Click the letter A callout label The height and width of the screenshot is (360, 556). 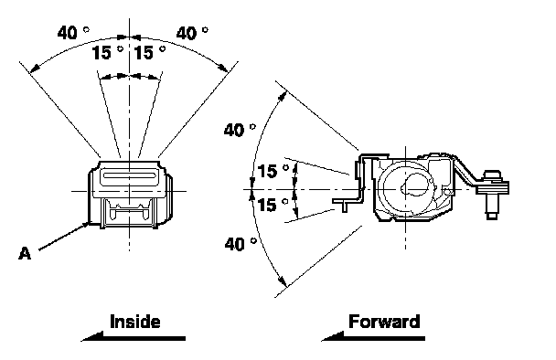tap(25, 253)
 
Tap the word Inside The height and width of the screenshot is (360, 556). tap(135, 322)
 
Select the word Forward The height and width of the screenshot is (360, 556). tap(384, 322)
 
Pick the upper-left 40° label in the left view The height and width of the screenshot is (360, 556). tap(73, 33)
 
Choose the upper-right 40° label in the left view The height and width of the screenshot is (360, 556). tap(192, 33)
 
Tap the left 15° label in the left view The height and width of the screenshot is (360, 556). tap(107, 52)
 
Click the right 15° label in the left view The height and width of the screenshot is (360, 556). tap(150, 52)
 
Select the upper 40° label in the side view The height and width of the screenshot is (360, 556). tap(240, 130)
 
